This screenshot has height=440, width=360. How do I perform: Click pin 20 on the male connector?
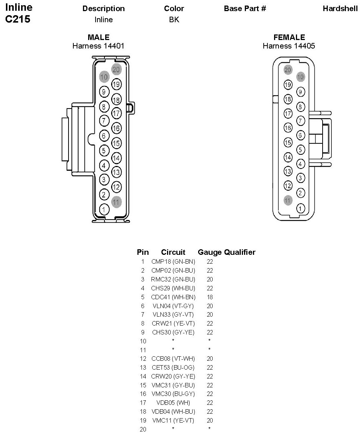[116, 69]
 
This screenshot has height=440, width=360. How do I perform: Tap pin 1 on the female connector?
[301, 209]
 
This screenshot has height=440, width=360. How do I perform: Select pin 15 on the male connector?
[116, 143]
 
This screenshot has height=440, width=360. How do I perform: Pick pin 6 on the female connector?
[301, 136]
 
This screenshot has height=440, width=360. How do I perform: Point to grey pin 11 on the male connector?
[116, 202]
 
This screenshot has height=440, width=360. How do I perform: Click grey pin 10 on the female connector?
[301, 77]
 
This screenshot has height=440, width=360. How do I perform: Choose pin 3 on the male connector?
[104, 180]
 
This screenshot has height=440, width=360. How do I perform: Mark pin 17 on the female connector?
[288, 114]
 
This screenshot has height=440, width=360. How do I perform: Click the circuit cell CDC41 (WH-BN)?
[173, 297]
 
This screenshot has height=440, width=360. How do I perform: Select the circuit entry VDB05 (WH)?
[173, 403]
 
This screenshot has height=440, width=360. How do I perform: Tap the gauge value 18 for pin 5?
[210, 297]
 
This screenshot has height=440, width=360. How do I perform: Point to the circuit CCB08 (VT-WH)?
[173, 359]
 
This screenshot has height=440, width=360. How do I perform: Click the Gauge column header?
[210, 252]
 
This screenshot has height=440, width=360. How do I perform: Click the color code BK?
[174, 20]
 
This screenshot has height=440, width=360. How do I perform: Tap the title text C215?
[17, 19]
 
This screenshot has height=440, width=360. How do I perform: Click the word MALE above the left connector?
[99, 37]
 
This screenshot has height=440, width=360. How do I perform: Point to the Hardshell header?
[340, 9]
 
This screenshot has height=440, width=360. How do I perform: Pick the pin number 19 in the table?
[143, 420]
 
